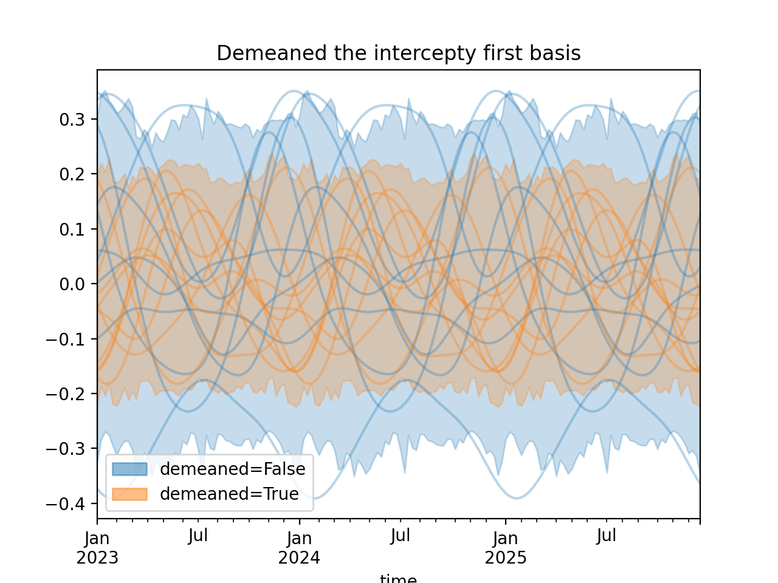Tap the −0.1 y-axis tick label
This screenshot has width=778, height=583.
tap(68, 339)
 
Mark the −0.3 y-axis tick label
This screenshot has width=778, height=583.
tap(68, 449)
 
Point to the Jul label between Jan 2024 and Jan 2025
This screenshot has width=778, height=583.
tap(401, 536)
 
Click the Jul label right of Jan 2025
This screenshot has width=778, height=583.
tap(607, 536)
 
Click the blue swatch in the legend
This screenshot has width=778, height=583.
tap(129, 469)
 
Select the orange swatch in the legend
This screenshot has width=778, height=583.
tap(129, 494)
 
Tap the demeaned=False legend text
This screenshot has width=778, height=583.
tap(232, 469)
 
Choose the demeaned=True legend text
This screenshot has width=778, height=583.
tap(229, 494)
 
